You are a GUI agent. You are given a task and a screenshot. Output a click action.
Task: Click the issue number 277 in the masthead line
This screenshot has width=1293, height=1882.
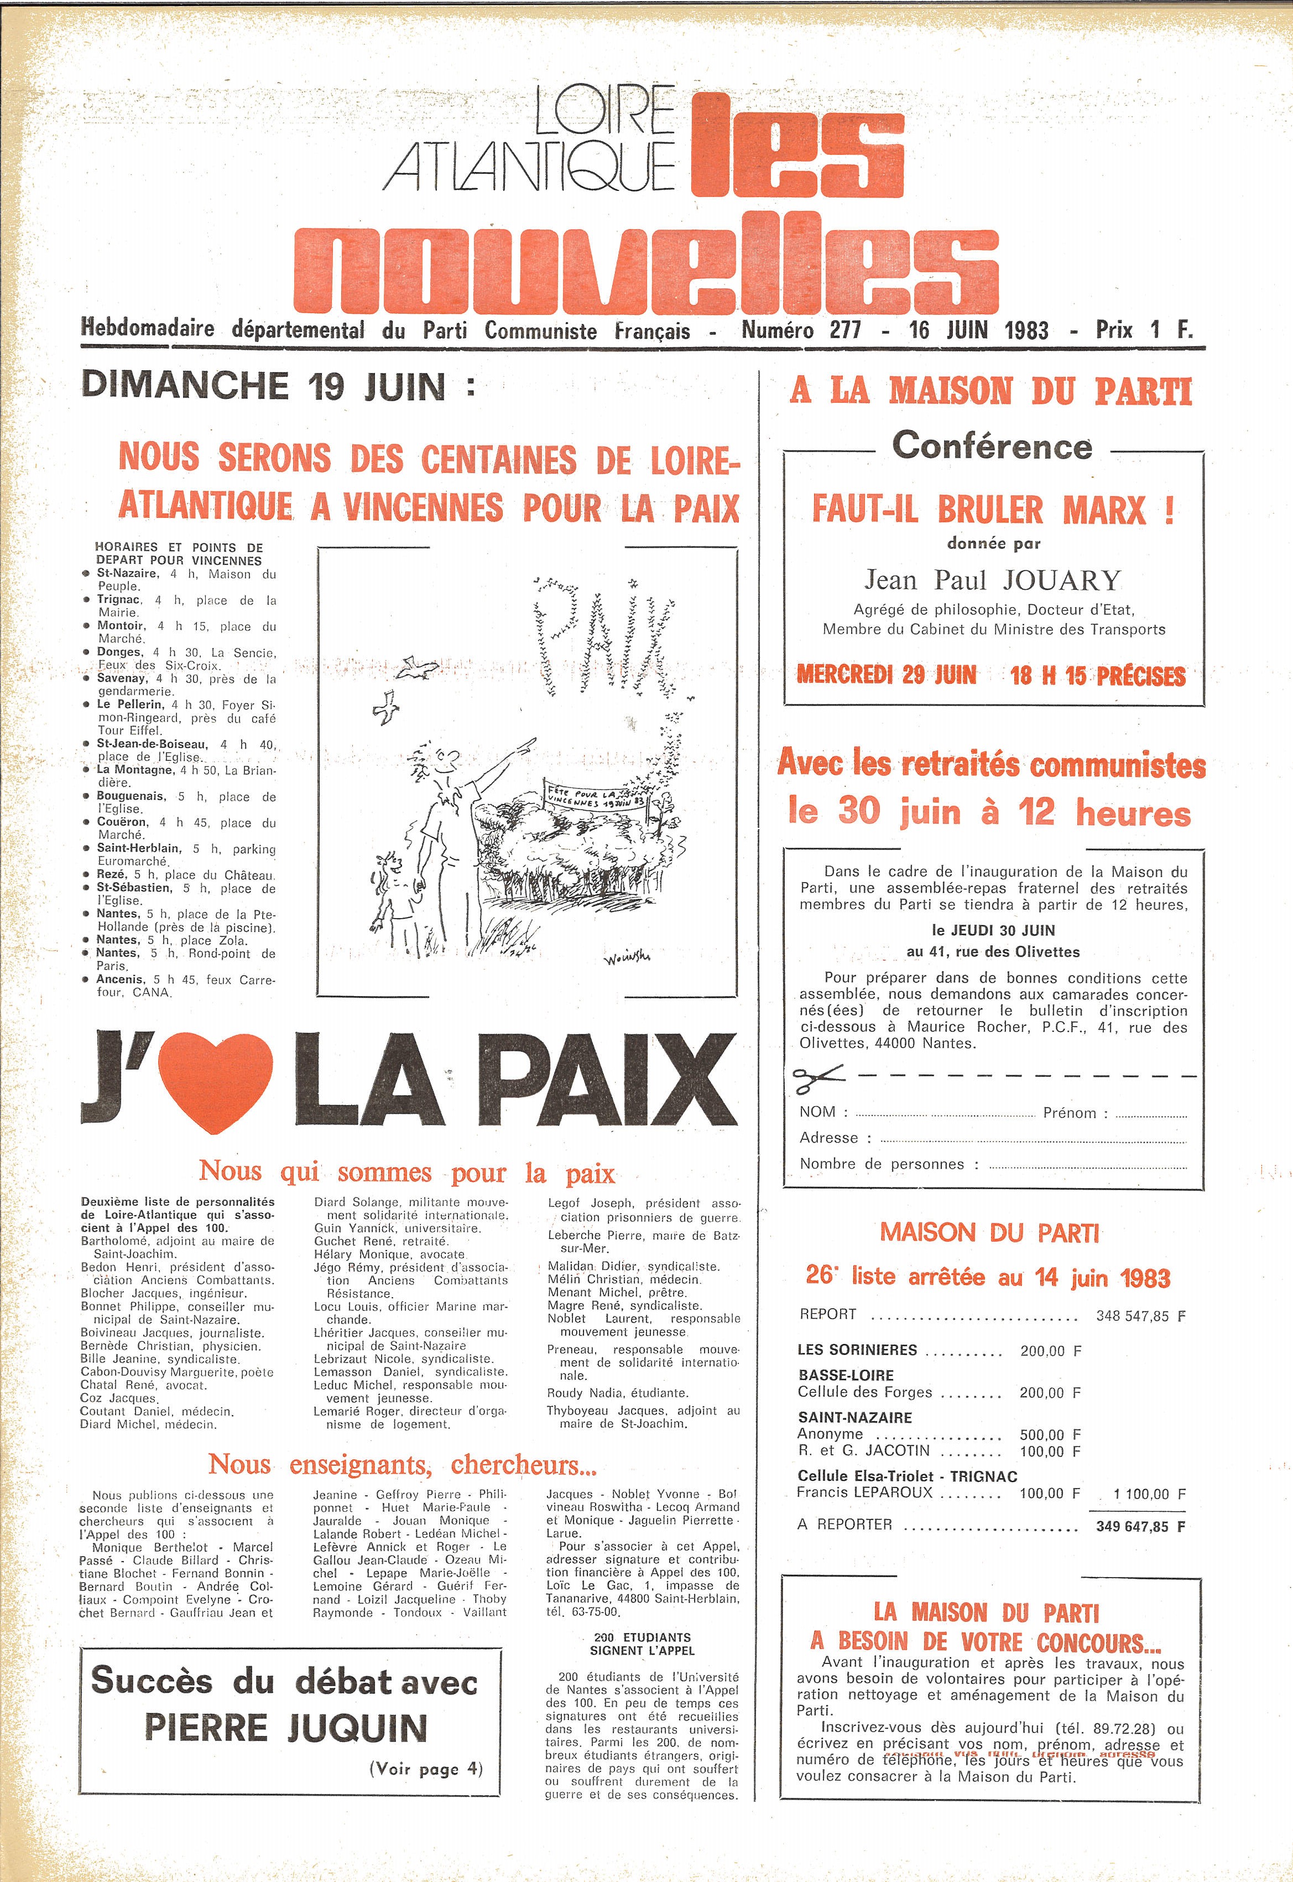[845, 331]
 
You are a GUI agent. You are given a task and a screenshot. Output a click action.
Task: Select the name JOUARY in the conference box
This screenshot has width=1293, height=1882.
[1061, 580]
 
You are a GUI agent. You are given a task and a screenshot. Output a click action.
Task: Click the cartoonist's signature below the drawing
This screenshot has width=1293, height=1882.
[627, 959]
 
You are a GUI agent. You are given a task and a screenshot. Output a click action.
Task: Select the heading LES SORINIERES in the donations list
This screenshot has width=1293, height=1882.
[857, 1350]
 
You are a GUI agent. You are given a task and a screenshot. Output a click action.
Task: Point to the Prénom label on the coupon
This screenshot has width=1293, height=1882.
[1070, 1113]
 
